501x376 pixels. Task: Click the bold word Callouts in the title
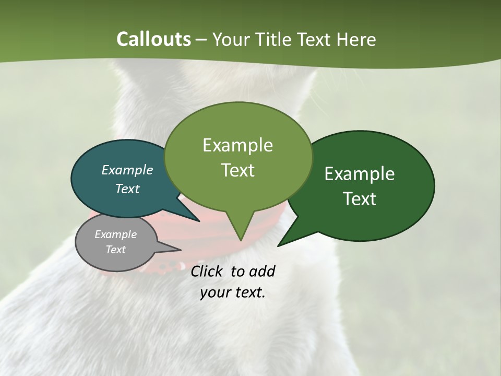pyautogui.click(x=153, y=39)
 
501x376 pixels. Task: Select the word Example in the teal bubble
pyautogui.click(x=127, y=170)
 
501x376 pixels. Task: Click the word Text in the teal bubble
pyautogui.click(x=127, y=189)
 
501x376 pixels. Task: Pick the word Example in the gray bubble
pyautogui.click(x=115, y=234)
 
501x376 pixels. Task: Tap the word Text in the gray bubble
pyautogui.click(x=115, y=250)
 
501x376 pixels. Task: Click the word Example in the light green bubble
pyautogui.click(x=237, y=145)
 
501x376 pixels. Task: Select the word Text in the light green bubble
pyautogui.click(x=237, y=170)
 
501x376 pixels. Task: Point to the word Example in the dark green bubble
pyautogui.click(x=360, y=174)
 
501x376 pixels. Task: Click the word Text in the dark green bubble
pyautogui.click(x=360, y=199)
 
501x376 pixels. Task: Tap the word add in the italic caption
pyautogui.click(x=261, y=271)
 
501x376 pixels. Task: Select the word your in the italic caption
pyautogui.click(x=214, y=292)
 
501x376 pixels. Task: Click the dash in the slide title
pyautogui.click(x=202, y=39)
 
